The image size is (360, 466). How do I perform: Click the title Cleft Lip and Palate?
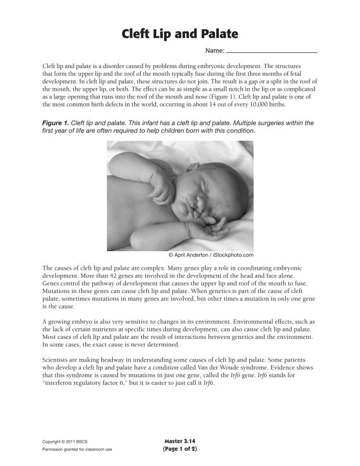click(179, 35)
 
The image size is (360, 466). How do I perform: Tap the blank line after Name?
click(272, 51)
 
